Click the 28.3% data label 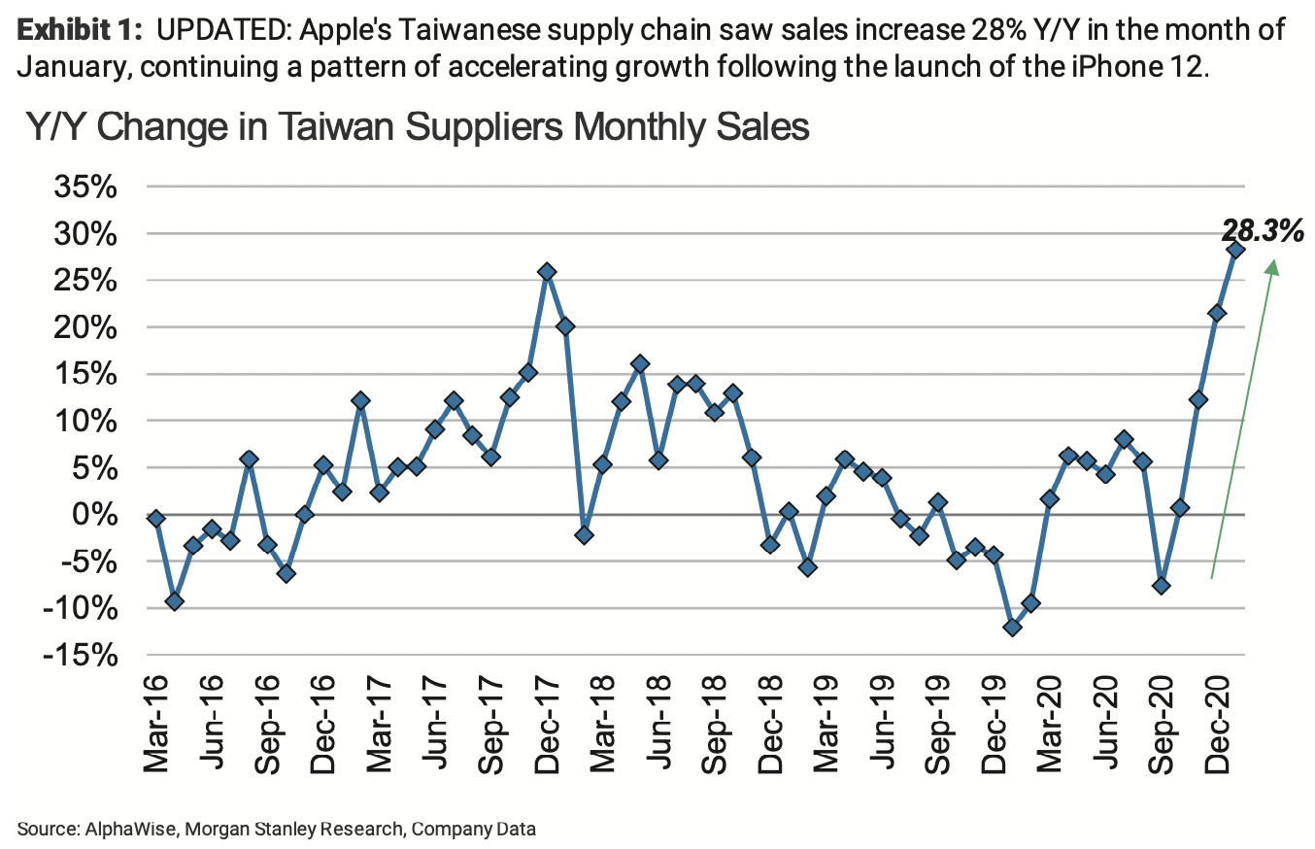[x=1261, y=230]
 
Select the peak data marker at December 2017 [x=547, y=272]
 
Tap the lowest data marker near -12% [x=1013, y=628]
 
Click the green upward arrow [x=1244, y=418]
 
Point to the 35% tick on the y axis [x=85, y=187]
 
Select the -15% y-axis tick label [x=81, y=655]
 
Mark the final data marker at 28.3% [x=1236, y=250]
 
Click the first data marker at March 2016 [x=155, y=519]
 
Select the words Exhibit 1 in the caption [x=75, y=30]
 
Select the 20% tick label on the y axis [x=85, y=327]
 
